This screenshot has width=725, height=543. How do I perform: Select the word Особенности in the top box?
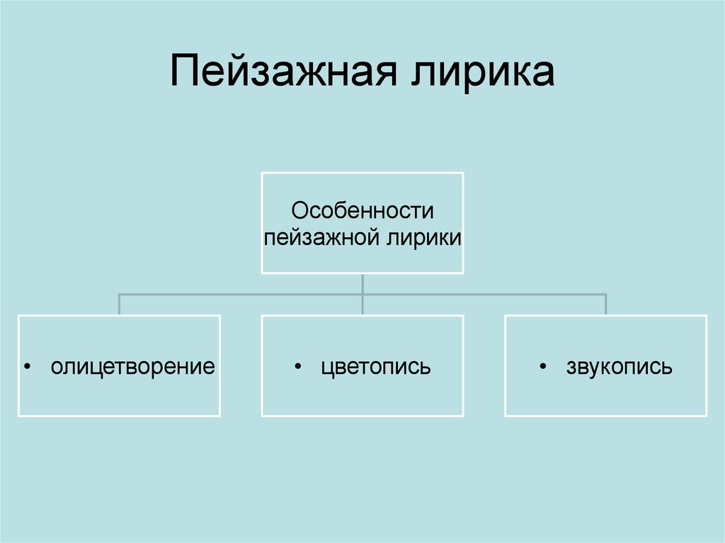tap(362, 211)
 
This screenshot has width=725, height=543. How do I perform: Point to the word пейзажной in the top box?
tap(324, 237)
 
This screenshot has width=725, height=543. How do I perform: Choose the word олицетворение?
tap(132, 367)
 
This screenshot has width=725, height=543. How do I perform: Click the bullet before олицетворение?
tap(27, 367)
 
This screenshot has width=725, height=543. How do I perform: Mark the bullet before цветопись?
tap(297, 367)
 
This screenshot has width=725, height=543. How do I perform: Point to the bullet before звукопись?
tap(542, 367)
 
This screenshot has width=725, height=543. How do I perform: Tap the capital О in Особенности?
tap(300, 211)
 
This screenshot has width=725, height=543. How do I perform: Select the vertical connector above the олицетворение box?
tap(119, 304)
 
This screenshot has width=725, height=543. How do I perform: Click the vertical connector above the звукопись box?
tap(606, 304)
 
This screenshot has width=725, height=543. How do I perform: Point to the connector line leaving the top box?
tap(362, 283)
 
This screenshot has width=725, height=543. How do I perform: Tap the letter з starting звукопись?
tap(571, 368)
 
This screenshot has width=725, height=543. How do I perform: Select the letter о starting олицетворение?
tap(55, 368)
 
